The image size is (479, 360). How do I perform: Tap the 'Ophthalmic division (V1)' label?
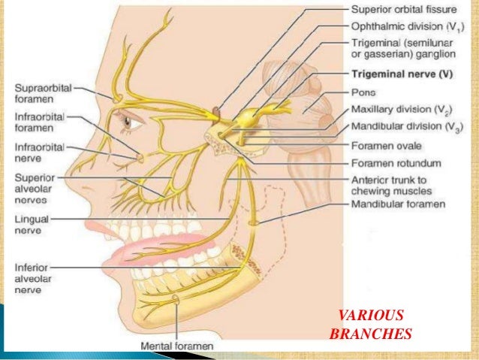click(402, 27)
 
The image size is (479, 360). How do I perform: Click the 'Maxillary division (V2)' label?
click(401, 110)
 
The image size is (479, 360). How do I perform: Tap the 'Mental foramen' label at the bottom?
click(176, 346)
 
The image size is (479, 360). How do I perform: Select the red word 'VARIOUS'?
click(370, 316)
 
